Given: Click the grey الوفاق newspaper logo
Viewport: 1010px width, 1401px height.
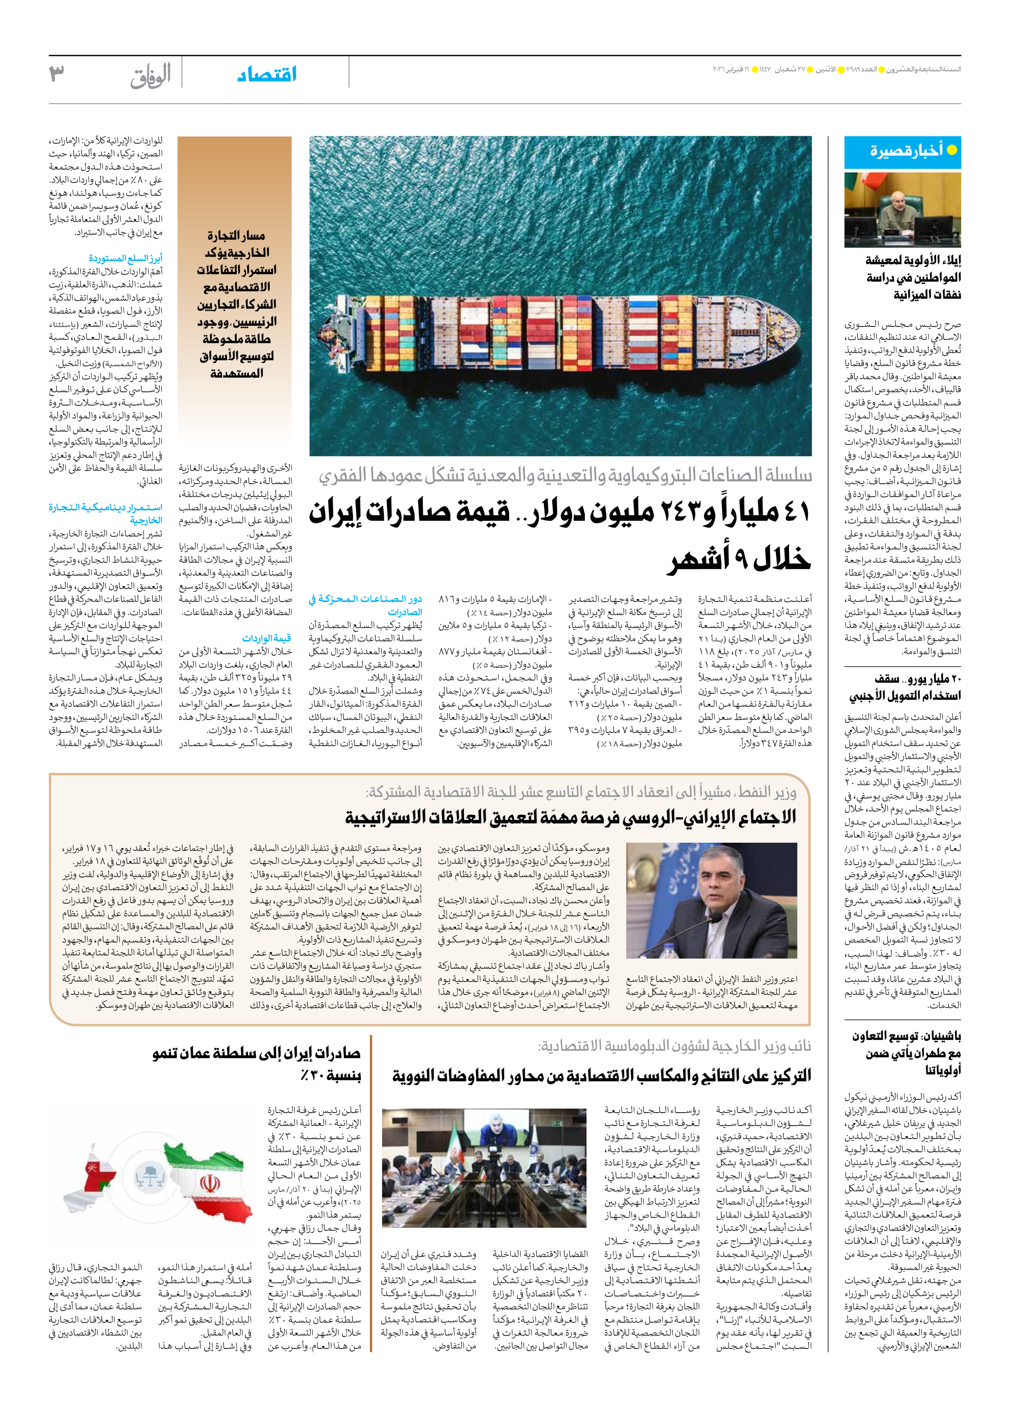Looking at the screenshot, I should tap(150, 76).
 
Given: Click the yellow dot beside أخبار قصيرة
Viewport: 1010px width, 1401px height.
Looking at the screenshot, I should tap(952, 150).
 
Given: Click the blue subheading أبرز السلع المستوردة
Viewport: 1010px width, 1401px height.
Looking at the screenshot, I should tap(125, 258).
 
